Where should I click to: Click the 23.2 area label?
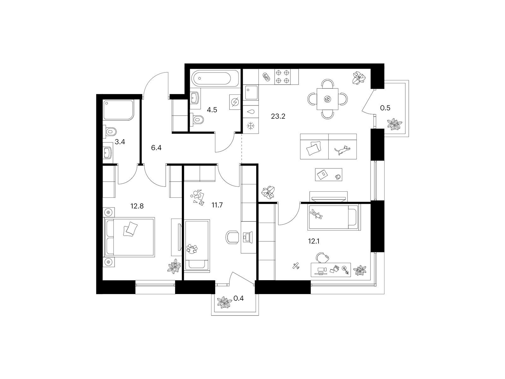tap(278, 117)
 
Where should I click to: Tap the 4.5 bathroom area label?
tap(212, 110)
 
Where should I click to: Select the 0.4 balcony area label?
tap(239, 298)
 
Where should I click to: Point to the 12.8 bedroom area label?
tap(137, 206)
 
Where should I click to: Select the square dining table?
tap(327, 99)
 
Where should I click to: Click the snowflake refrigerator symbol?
tap(251, 126)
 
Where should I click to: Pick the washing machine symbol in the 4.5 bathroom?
tap(235, 102)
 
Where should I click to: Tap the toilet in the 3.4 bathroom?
tap(110, 132)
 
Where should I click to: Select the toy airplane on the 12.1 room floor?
tap(296, 266)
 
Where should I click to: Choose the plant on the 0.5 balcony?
tap(394, 124)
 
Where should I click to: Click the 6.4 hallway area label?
tap(156, 147)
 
